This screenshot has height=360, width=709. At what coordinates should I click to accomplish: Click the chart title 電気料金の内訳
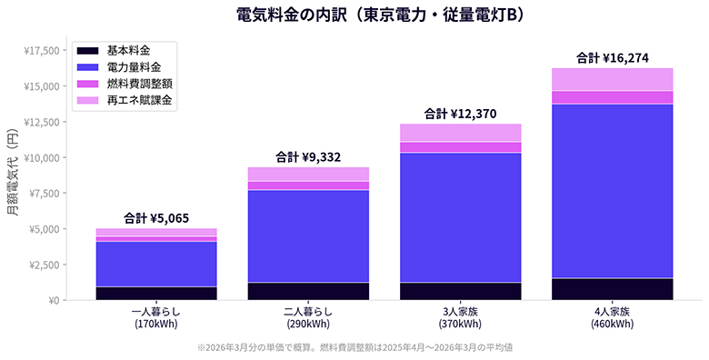pos(354,15)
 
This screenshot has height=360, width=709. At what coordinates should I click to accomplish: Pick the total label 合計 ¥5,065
pos(156,218)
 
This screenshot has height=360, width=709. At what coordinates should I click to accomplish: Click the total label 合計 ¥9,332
pos(308,157)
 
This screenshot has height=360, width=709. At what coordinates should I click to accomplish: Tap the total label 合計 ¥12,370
pos(460,114)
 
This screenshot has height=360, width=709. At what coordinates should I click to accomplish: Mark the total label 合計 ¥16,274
pos(612,58)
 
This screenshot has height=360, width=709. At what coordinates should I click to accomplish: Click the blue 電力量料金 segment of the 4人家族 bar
pos(612,191)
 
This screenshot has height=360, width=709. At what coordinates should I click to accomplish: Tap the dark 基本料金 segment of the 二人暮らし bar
pos(308,291)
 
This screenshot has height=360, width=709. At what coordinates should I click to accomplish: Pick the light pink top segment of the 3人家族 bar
pos(460,133)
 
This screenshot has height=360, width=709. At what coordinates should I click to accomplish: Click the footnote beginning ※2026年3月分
pos(354,347)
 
